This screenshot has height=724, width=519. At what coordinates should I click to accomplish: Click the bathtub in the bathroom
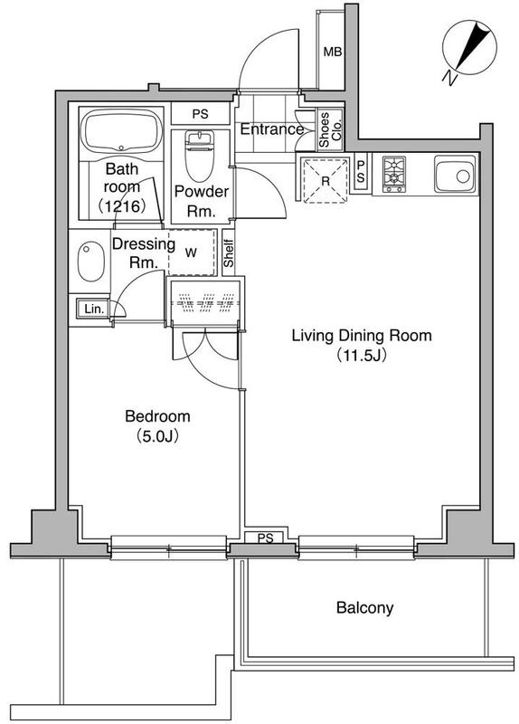point(121,131)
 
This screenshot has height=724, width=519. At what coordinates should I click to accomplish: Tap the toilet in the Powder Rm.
point(200,155)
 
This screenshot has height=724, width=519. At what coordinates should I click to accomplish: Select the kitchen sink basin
point(455,174)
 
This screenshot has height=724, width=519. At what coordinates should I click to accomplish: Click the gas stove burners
point(394,174)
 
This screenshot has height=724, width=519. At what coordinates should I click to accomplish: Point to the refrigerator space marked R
point(325,180)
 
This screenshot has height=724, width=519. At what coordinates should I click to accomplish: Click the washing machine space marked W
point(192,252)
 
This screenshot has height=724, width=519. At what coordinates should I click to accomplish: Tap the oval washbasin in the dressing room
point(90,262)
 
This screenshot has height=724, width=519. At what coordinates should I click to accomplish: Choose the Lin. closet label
point(94,309)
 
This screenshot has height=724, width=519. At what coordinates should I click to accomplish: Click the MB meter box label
point(332,52)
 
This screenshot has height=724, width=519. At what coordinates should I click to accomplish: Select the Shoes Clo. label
point(330,129)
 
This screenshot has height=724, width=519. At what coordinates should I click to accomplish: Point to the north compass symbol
point(468,51)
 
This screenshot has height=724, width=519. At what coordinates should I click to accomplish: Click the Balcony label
point(364,607)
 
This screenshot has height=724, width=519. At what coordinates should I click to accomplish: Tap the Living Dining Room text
point(362,335)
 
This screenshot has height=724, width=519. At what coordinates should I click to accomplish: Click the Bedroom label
point(157,416)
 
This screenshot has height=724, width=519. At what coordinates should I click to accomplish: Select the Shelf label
point(229,253)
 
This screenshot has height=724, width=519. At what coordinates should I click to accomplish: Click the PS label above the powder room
point(200,114)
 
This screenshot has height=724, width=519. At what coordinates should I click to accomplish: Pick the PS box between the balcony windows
point(265,538)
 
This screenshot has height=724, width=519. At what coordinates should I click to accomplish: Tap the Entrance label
point(272,129)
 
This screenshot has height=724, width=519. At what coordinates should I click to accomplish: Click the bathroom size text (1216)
point(122,206)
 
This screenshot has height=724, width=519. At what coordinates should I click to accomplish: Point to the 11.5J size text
point(362,356)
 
